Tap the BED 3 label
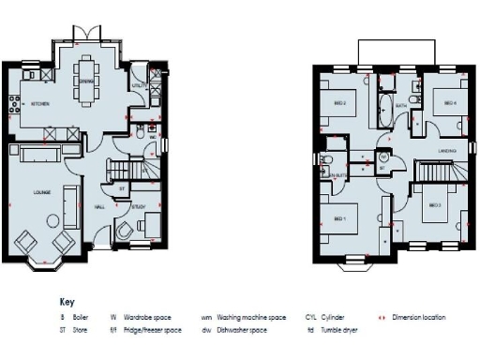tap(434, 204)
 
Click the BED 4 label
tap(450, 103)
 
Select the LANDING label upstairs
tap(447, 151)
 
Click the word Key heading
tap(66, 303)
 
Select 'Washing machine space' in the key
tap(250, 318)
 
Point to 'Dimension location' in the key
tap(419, 318)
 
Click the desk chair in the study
tap(125, 229)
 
